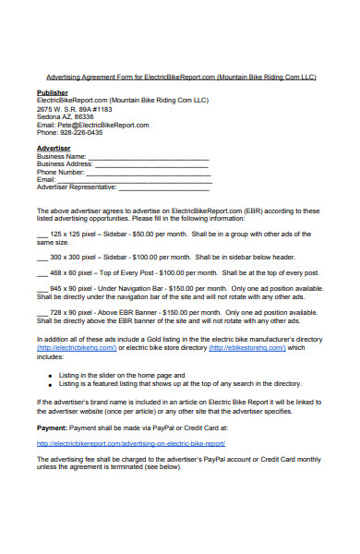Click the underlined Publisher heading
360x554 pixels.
pos(52,93)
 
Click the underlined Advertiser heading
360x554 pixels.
pos(54,148)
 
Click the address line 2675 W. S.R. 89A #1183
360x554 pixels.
pos(76,109)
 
